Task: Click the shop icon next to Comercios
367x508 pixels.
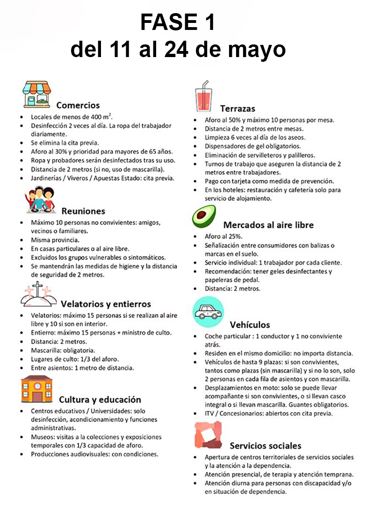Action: [x=36, y=94]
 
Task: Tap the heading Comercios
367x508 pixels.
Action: [x=78, y=105]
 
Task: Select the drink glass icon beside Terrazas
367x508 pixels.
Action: [x=204, y=97]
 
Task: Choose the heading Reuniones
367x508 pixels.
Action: [x=83, y=211]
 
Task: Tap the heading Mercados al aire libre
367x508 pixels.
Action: [x=268, y=225]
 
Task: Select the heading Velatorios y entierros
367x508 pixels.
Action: [x=105, y=304]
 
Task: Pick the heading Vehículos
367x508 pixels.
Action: [x=250, y=325]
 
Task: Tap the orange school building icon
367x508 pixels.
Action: [x=36, y=389]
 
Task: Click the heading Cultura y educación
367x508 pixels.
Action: [x=100, y=399]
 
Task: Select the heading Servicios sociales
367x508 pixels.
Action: [x=265, y=446]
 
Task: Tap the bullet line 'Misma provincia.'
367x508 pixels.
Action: [x=54, y=239]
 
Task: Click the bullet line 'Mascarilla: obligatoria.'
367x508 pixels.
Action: [x=63, y=350]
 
